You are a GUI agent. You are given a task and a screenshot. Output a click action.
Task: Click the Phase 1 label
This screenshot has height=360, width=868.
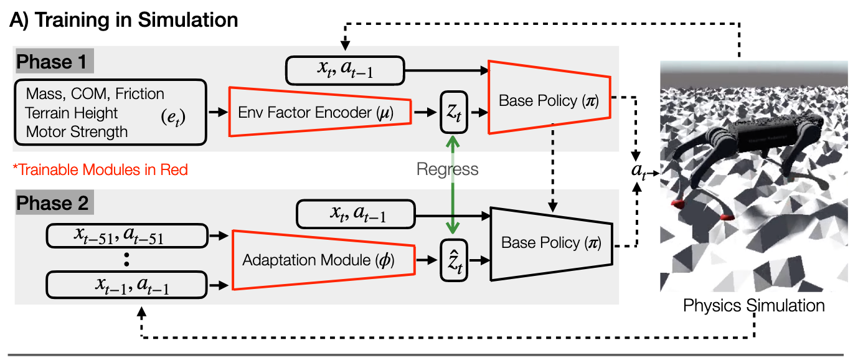coord(54,62)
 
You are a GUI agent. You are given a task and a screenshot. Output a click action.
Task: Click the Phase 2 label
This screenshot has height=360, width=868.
coord(54,204)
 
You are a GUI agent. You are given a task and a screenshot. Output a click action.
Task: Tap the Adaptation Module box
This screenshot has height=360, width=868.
coord(321,260)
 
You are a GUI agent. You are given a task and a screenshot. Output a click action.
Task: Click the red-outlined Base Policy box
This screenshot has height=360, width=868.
coord(548,98)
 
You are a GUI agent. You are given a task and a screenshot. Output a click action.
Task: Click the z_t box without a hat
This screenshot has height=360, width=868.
coord(454,111)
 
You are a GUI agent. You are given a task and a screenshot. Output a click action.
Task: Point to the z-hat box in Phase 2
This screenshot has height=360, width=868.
coord(454,260)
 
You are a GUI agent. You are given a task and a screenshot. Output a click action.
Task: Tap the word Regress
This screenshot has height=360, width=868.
coord(448,169)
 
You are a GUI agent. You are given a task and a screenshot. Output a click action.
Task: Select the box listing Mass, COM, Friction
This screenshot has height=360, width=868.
coord(110,113)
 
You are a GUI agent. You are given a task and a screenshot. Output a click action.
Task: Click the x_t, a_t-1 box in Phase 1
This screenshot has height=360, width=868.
coord(345,70)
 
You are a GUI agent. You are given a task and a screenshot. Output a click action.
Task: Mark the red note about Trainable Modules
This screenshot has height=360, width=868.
coord(100,169)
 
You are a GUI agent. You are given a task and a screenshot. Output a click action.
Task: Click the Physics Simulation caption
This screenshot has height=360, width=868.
coord(753,306)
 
